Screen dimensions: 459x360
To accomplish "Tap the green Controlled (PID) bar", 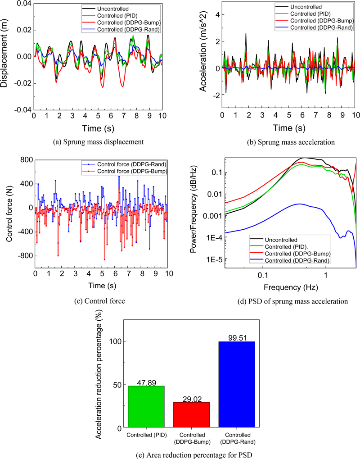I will click(146, 406).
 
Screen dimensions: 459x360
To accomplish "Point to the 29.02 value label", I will click(191, 398).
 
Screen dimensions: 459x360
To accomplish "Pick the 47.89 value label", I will click(146, 382).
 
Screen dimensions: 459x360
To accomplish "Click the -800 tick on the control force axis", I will click(23, 256).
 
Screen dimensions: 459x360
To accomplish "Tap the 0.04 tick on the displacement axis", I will click(22, 4).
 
